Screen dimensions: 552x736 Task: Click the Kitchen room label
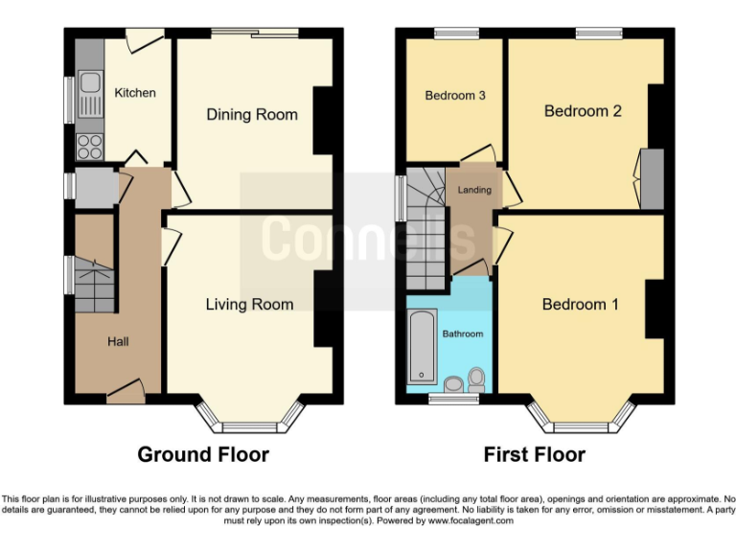point(135,93)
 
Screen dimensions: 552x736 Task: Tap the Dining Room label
point(252,115)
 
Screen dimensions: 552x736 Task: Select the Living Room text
point(249,305)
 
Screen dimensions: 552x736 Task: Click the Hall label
point(118,341)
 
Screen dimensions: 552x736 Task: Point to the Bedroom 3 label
point(455,96)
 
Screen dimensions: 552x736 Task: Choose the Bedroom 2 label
point(583,111)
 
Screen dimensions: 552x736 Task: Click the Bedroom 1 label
point(580,305)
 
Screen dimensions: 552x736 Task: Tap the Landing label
point(474,190)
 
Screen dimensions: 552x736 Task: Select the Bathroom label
point(462,334)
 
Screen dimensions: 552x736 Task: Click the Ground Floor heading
point(203,454)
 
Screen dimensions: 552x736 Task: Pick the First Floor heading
point(534,454)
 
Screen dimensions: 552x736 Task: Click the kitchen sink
point(91,94)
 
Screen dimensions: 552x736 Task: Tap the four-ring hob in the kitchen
point(90,147)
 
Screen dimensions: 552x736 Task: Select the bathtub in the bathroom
point(421,345)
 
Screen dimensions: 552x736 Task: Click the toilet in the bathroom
point(476,380)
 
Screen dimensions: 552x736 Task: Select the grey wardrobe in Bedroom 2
point(651,179)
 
